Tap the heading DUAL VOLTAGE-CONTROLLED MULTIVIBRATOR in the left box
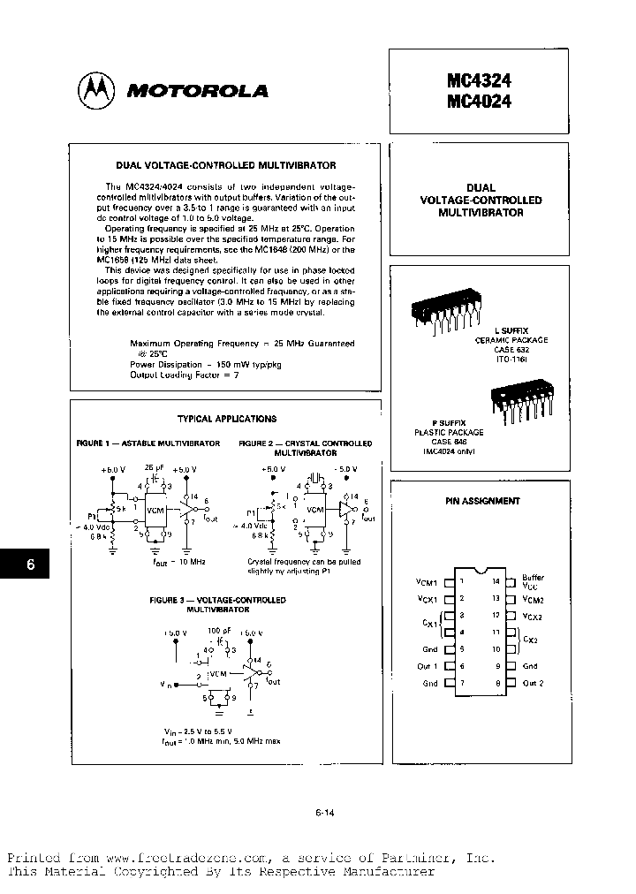click(226, 165)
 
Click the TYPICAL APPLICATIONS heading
click(226, 419)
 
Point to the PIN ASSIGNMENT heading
click(482, 501)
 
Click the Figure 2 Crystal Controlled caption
click(305, 446)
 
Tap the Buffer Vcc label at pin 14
click(534, 581)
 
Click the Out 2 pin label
click(533, 683)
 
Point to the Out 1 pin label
click(428, 666)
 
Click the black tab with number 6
click(29, 565)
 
